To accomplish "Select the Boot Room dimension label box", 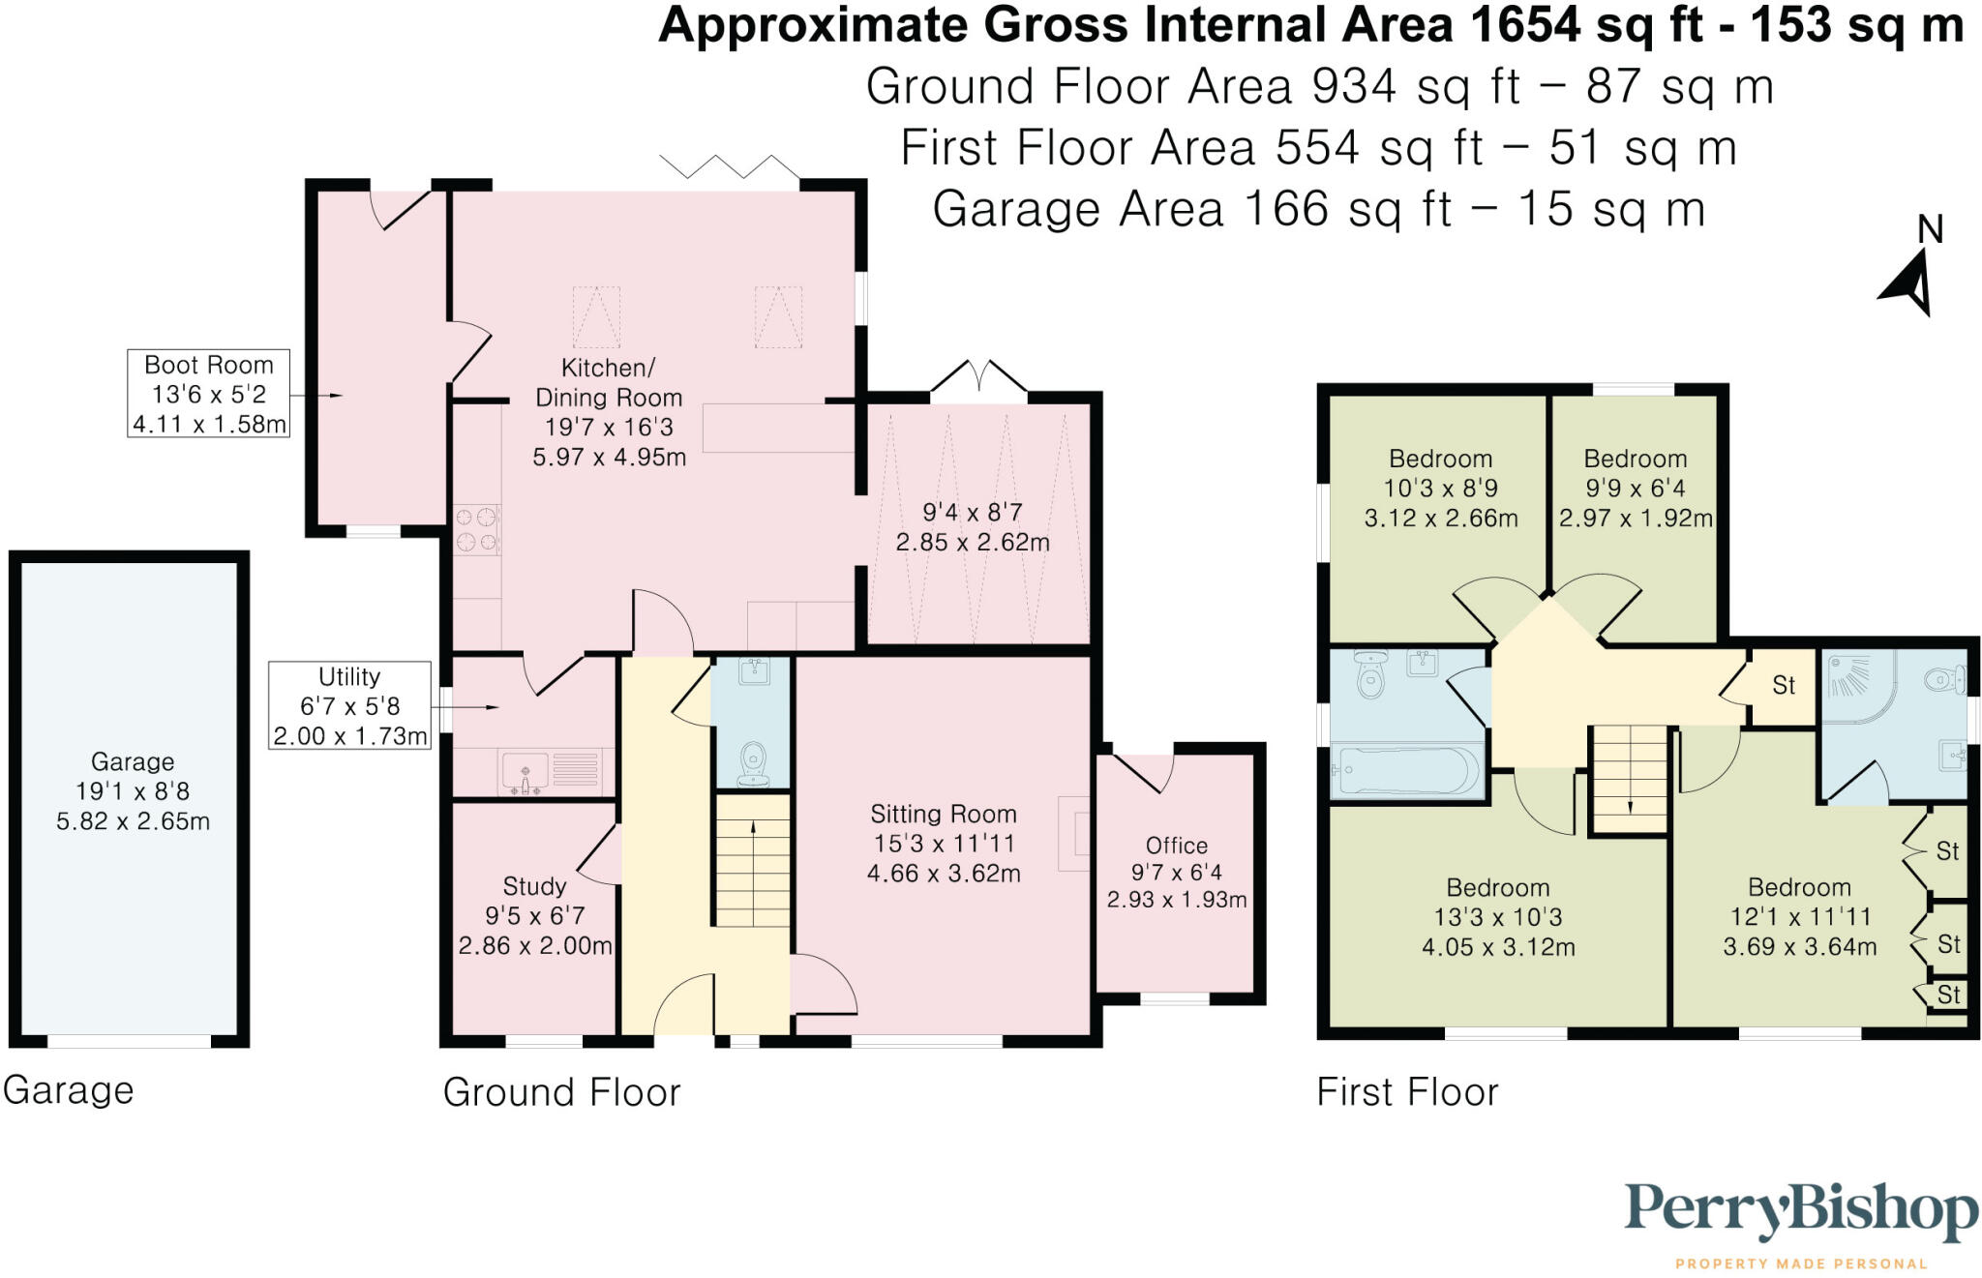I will pyautogui.click(x=208, y=394).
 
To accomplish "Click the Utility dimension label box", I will pyautogui.click(x=349, y=705).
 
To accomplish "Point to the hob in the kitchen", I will pyautogui.click(x=476, y=529).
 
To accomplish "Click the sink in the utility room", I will pyautogui.click(x=526, y=772).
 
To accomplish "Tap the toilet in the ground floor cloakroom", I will pyautogui.click(x=753, y=764).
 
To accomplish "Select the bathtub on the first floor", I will pyautogui.click(x=1406, y=771).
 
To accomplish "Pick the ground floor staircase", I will pyautogui.click(x=752, y=861).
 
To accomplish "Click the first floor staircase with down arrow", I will pyautogui.click(x=1630, y=779).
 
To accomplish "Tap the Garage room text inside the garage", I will pyautogui.click(x=133, y=762).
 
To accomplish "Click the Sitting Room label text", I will pyautogui.click(x=943, y=815).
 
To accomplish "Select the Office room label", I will pyautogui.click(x=1176, y=846).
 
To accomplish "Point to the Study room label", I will pyautogui.click(x=534, y=886).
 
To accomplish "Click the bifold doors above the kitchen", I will pyautogui.click(x=731, y=167).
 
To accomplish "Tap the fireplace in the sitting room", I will pyautogui.click(x=1074, y=834).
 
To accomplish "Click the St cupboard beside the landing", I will pyautogui.click(x=1783, y=686).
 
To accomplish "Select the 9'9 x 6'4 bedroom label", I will pyautogui.click(x=1635, y=488).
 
